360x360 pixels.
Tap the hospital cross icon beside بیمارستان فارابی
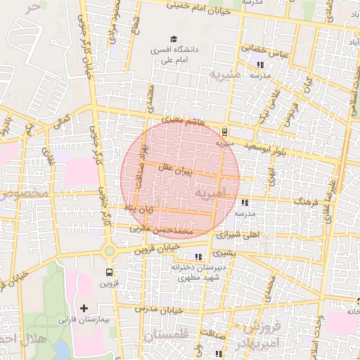[84, 308]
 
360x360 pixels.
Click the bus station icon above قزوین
[109, 272]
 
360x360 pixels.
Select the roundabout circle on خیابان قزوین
[109, 251]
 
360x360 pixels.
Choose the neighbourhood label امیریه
[211, 192]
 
